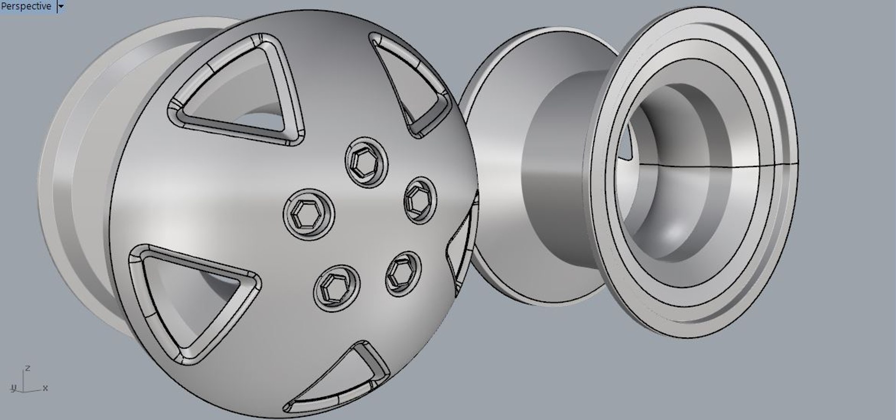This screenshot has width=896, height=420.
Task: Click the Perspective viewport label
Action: (26, 6)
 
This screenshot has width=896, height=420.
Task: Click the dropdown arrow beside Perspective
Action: (61, 7)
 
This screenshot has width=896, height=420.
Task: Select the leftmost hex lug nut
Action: (308, 214)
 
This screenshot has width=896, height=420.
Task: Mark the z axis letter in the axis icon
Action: (28, 368)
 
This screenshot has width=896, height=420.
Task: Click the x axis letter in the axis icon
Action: (45, 388)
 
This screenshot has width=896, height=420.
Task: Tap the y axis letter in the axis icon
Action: (14, 388)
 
